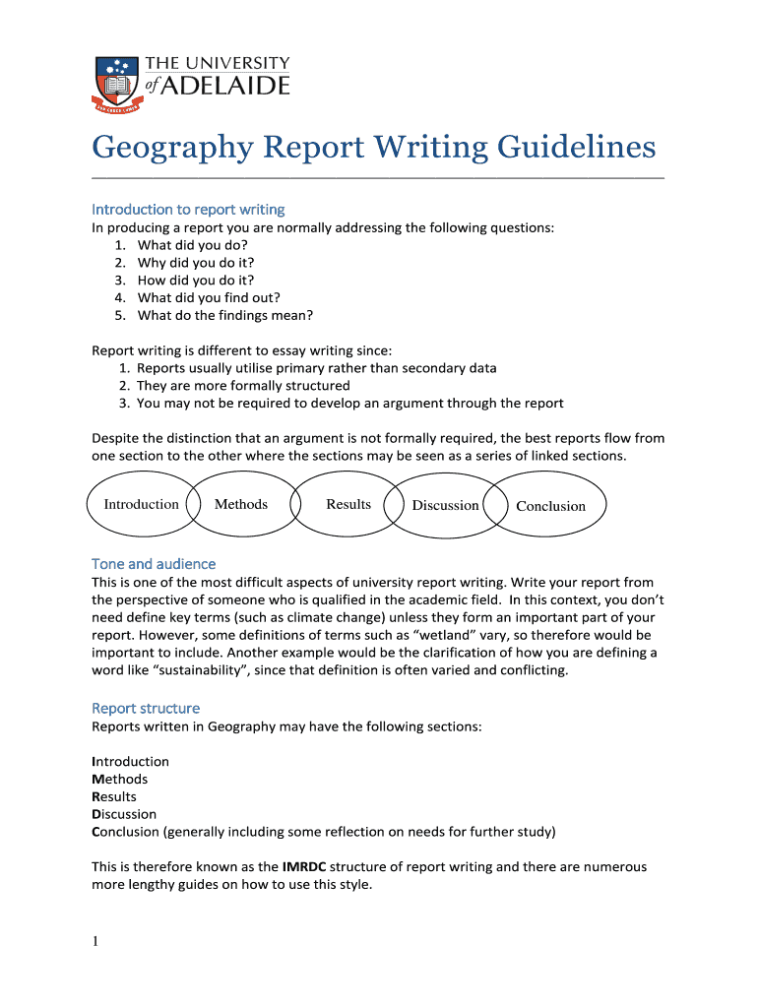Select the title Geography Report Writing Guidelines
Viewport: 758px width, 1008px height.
tap(373, 147)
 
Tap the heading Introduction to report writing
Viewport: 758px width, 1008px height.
tap(188, 210)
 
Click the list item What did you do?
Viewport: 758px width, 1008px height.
tap(192, 245)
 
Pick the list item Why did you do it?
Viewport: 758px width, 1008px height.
tap(196, 263)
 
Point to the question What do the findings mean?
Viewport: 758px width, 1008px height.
tap(224, 316)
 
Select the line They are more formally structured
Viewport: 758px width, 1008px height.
tap(243, 386)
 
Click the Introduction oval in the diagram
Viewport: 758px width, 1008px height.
tap(142, 505)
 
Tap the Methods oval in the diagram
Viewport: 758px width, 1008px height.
tap(241, 505)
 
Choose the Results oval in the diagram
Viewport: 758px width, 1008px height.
tap(348, 505)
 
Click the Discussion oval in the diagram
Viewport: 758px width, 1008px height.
tap(445, 506)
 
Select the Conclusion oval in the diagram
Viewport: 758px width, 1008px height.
tap(550, 507)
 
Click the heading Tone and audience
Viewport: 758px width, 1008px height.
tap(154, 564)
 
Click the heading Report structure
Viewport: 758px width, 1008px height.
tap(146, 709)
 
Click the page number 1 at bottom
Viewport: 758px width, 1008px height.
tap(95, 942)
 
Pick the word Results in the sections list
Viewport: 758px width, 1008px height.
tap(114, 796)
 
